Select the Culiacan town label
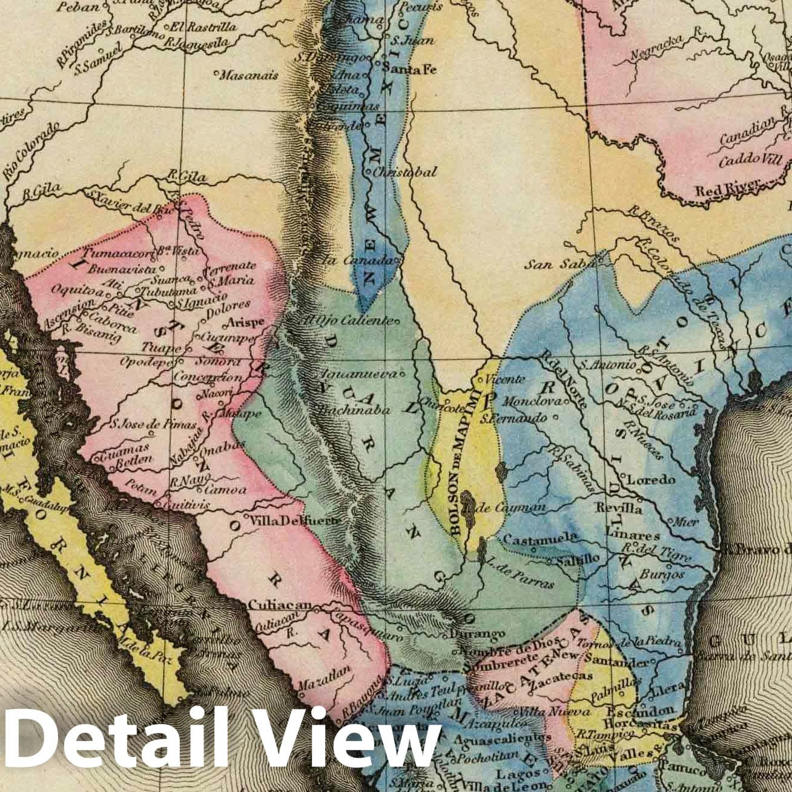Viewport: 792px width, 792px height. click(x=279, y=605)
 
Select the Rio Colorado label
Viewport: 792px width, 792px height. click(x=31, y=150)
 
